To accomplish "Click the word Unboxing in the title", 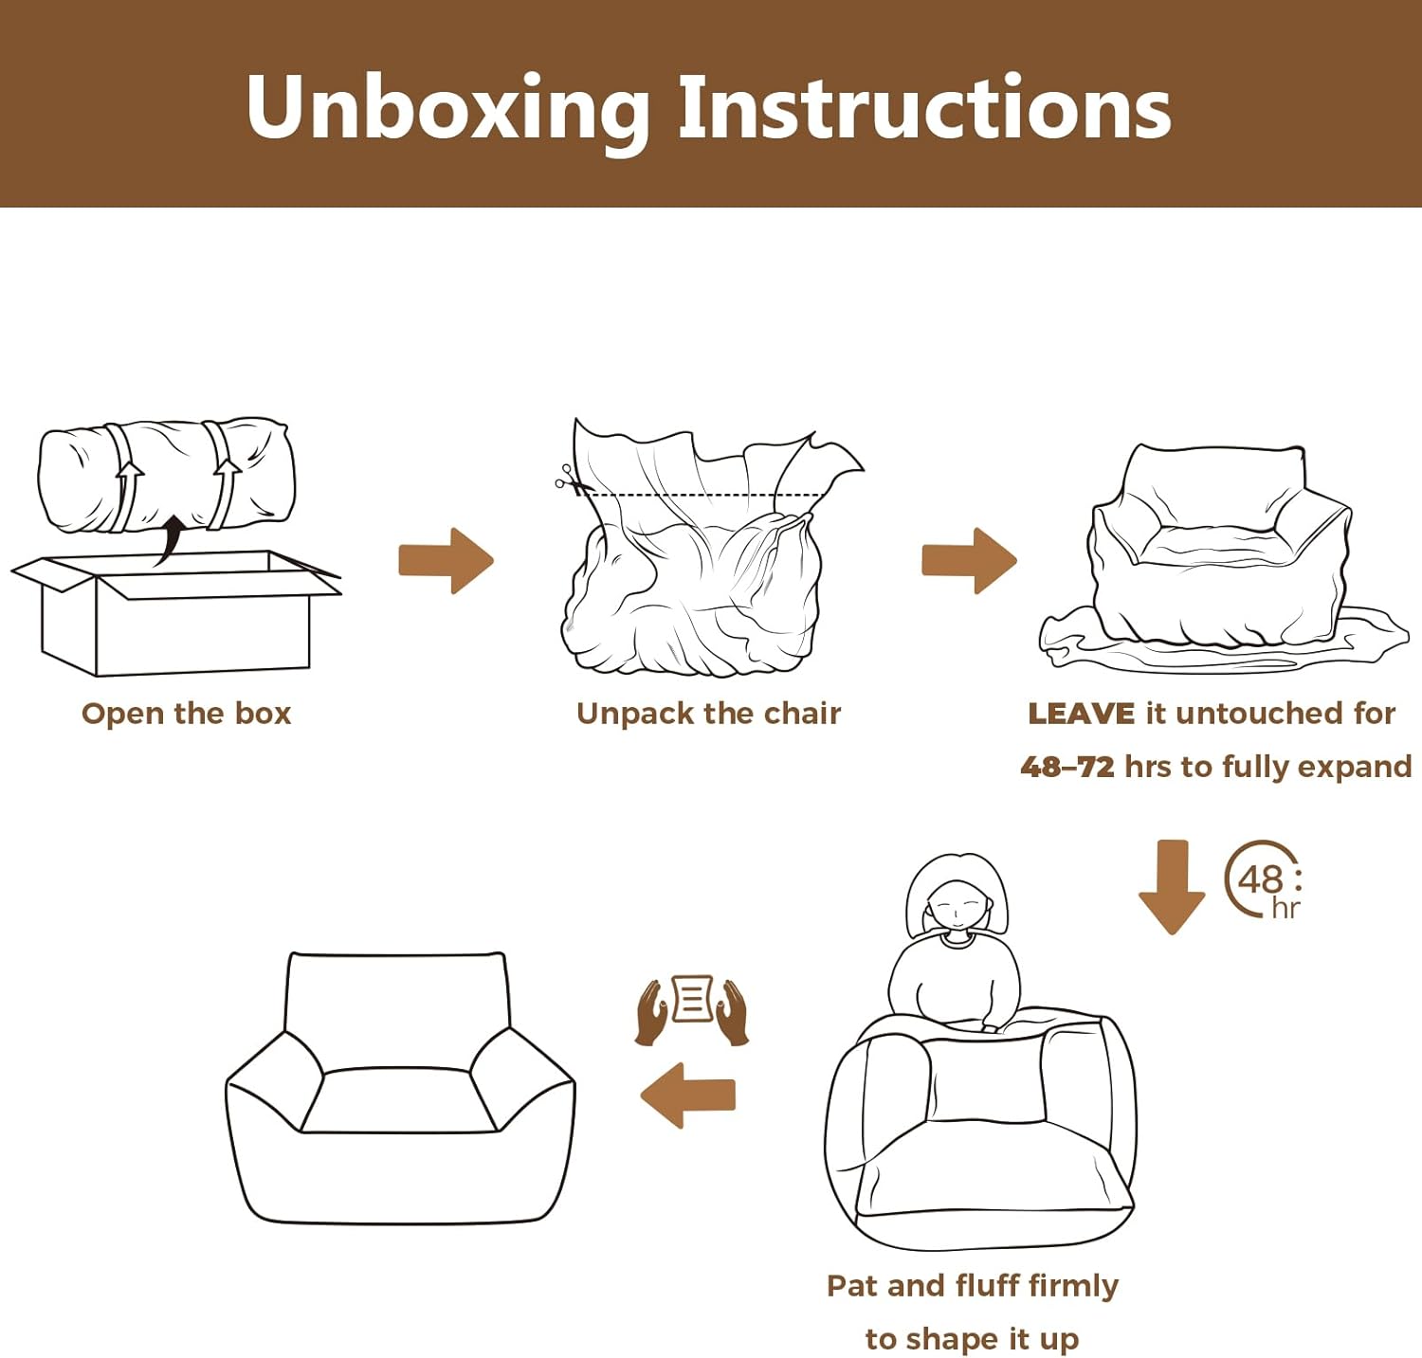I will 447,108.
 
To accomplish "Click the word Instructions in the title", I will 924,108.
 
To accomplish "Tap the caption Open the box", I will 186,714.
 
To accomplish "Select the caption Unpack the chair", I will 708,714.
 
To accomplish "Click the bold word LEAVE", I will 1081,714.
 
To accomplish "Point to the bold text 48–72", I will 1067,767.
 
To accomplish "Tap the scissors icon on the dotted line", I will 567,480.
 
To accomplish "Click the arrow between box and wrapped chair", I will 446,560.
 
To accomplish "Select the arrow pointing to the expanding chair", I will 969,560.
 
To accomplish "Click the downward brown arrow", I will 1172,886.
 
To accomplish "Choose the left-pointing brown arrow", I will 688,1095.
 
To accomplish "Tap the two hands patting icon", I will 692,1010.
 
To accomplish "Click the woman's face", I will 956,905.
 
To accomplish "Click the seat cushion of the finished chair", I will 398,1101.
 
